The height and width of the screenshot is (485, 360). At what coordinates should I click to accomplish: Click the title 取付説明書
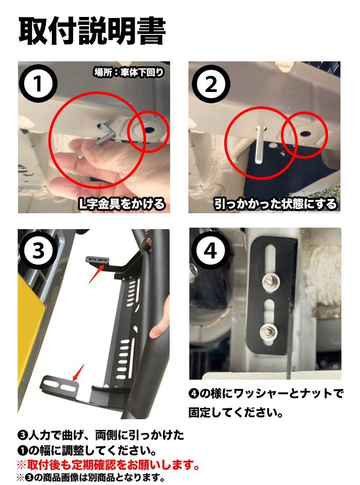click(x=93, y=30)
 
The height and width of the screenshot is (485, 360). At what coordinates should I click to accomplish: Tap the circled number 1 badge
click(x=38, y=84)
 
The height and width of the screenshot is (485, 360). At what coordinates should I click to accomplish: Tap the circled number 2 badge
click(x=211, y=84)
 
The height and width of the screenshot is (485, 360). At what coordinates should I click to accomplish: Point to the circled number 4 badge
click(x=210, y=250)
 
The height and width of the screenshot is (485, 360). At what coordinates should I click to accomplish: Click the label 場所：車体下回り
click(x=129, y=72)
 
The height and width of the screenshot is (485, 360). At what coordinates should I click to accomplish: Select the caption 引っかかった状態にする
click(x=275, y=204)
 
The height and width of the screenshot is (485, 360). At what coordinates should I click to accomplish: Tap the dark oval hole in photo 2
click(x=305, y=133)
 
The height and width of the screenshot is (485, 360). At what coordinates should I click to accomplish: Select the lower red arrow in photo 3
click(x=78, y=372)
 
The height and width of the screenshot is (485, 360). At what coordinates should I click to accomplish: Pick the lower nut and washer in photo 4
click(x=269, y=333)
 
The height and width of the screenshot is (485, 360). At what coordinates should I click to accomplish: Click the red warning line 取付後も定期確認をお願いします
click(x=107, y=464)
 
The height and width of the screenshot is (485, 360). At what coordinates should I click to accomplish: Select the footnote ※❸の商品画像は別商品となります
click(x=91, y=477)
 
